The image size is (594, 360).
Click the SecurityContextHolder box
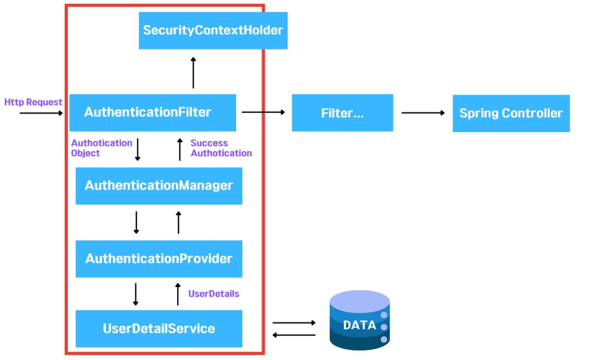click(x=213, y=30)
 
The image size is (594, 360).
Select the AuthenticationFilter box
click(x=152, y=112)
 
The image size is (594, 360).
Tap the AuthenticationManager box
click(x=159, y=186)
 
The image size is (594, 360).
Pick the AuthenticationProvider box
click(x=159, y=259)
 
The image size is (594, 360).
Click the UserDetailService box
click(x=159, y=329)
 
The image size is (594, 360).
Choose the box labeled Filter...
click(x=342, y=113)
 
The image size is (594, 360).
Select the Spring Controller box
click(x=511, y=114)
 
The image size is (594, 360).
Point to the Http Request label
click(x=33, y=102)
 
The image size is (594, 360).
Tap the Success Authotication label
click(x=221, y=148)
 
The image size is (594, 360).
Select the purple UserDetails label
click(x=213, y=293)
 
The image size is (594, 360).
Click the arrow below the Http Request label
click(x=41, y=113)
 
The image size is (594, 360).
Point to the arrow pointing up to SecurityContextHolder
click(x=194, y=72)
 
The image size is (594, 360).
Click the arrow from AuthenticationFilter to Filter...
click(x=263, y=112)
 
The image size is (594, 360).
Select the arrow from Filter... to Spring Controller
click(x=423, y=113)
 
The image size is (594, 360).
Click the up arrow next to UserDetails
click(x=178, y=294)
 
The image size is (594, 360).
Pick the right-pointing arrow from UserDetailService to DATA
click(x=294, y=323)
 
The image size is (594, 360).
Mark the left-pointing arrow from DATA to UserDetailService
click(x=294, y=335)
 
